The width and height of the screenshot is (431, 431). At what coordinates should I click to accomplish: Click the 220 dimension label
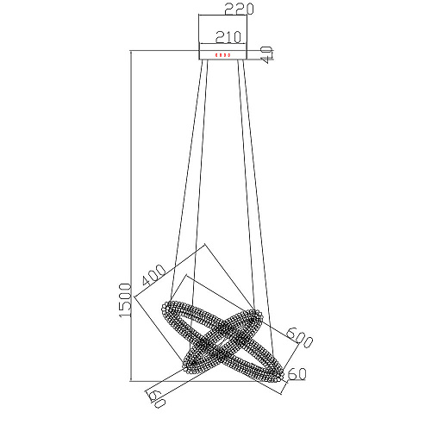click(x=239, y=9)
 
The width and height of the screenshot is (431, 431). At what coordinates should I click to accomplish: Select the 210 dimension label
click(x=228, y=37)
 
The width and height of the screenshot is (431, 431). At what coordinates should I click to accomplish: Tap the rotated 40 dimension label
click(x=266, y=54)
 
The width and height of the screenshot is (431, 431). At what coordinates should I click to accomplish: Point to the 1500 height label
click(x=125, y=300)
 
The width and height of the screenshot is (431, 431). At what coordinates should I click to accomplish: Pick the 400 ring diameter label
click(x=154, y=274)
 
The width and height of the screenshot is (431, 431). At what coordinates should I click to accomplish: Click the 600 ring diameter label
click(x=299, y=337)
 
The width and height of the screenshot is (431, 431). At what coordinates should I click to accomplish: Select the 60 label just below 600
click(x=297, y=374)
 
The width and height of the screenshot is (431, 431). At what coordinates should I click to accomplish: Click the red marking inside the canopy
click(x=222, y=55)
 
